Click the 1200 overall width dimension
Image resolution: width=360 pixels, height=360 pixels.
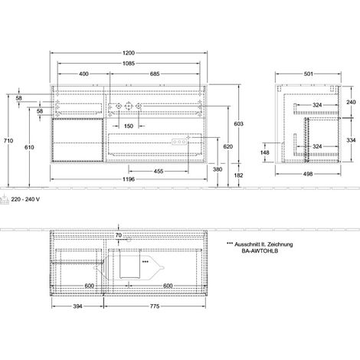[129, 53]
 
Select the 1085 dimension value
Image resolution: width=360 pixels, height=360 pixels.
[129, 64]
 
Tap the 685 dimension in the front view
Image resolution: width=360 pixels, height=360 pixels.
[155, 74]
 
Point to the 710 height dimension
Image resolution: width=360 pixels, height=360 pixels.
[8, 140]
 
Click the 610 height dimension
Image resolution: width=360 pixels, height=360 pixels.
[29, 147]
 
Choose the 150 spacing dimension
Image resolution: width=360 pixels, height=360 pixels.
[129, 126]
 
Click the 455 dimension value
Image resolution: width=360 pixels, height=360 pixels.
[159, 171]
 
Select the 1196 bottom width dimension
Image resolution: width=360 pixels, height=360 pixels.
[129, 179]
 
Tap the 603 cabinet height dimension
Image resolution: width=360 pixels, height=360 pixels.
[238, 124]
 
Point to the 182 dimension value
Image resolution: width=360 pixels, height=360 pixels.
[238, 175]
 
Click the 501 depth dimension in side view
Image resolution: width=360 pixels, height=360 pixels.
[308, 74]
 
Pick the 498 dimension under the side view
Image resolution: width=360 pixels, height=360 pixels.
[308, 174]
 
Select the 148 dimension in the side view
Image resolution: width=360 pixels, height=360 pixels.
[265, 152]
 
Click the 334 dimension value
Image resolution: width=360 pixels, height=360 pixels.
[351, 140]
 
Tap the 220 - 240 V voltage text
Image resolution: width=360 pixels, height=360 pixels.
[25, 199]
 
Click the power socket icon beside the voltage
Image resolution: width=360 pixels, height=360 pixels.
[5, 199]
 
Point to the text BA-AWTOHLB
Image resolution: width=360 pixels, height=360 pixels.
[260, 250]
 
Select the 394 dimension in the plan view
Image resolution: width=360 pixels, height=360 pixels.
[77, 306]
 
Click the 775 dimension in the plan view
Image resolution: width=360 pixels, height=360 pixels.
[155, 306]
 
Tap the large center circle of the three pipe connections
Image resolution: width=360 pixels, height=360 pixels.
[129, 106]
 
